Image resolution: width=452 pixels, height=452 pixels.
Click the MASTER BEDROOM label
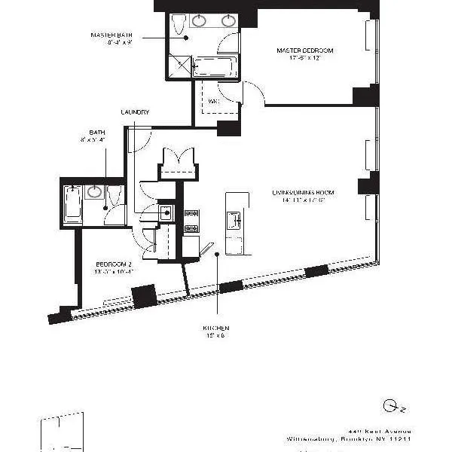coord(304,50)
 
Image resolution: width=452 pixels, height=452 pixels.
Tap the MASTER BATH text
coord(111,35)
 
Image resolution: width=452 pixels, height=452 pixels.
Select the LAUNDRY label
coord(135,112)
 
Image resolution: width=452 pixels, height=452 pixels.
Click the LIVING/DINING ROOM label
coord(303,193)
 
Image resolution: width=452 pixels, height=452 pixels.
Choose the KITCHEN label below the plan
coord(215,328)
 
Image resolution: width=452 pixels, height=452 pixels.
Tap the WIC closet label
coord(213,100)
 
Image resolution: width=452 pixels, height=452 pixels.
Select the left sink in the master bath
coord(200,20)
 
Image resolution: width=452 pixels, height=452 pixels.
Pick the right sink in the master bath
coord(228,20)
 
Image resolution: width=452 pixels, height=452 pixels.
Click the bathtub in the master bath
coord(215,66)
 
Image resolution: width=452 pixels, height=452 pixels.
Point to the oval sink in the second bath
coord(95,191)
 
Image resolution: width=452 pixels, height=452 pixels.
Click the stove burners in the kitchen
coord(191,220)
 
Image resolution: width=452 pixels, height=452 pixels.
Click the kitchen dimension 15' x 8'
coord(215,337)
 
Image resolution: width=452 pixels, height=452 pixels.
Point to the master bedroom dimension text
coord(304,59)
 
